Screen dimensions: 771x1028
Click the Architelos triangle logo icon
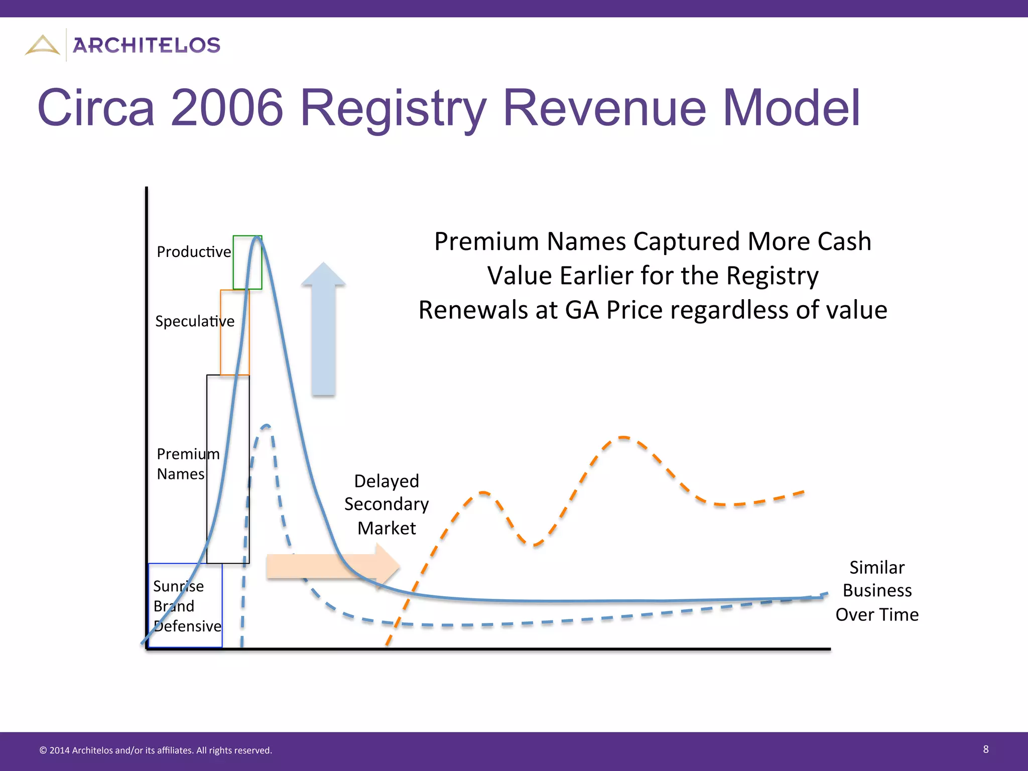point(43,45)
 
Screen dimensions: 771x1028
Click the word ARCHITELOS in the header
point(147,46)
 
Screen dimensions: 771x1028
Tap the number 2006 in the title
point(227,107)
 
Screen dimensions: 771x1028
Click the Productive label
point(194,252)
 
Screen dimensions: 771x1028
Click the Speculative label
point(195,321)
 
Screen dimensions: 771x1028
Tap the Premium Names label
point(188,464)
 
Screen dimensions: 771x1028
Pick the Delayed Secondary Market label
point(387,504)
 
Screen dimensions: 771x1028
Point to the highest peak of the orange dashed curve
point(623,438)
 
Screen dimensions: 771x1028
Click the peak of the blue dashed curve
point(267,426)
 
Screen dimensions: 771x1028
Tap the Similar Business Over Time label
point(877,591)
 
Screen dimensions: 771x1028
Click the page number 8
point(986,749)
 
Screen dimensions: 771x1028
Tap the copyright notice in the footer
point(156,750)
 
